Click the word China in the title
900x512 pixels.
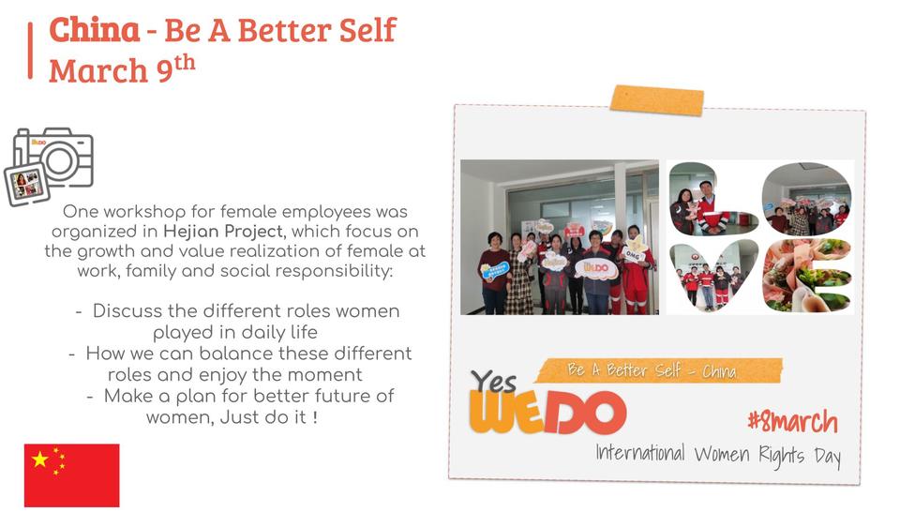click(94, 30)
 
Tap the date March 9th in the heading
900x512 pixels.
click(122, 69)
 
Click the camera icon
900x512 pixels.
click(49, 167)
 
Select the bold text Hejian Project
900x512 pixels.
click(223, 232)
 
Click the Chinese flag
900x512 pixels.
click(72, 475)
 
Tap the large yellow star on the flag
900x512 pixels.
click(40, 459)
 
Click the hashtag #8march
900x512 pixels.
click(793, 422)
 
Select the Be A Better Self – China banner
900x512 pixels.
click(658, 370)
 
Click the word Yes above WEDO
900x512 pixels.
click(494, 382)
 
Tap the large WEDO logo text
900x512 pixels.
click(547, 412)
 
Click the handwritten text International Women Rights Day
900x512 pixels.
click(718, 455)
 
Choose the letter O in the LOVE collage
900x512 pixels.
click(806, 199)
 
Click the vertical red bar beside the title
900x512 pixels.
click(30, 51)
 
